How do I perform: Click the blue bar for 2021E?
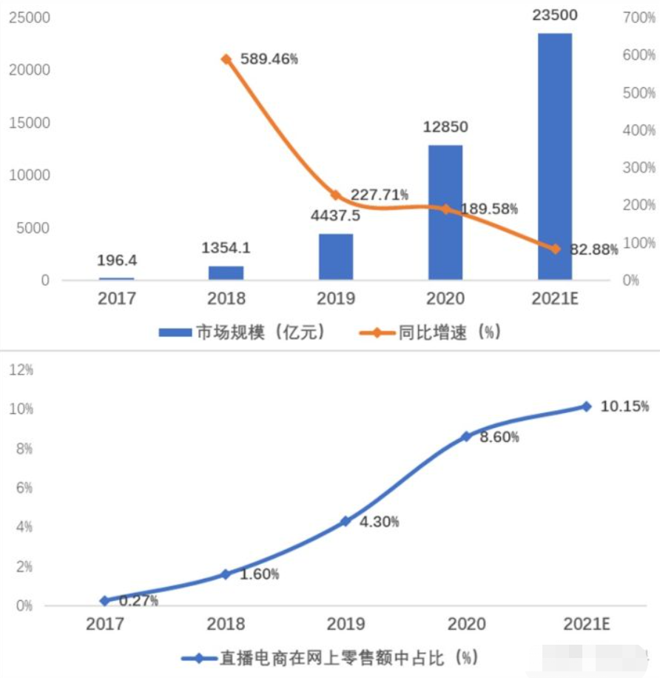click(554, 155)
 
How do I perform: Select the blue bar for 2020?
click(445, 212)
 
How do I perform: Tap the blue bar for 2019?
click(335, 257)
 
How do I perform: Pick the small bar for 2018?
click(226, 272)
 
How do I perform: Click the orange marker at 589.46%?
click(226, 59)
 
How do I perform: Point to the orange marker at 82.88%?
click(555, 249)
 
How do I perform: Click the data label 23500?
click(555, 15)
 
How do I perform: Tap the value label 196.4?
click(117, 260)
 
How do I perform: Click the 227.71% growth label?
click(380, 195)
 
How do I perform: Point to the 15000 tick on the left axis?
click(29, 122)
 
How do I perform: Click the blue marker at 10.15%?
click(587, 406)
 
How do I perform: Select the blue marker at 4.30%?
click(345, 521)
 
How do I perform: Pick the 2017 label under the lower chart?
click(104, 625)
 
